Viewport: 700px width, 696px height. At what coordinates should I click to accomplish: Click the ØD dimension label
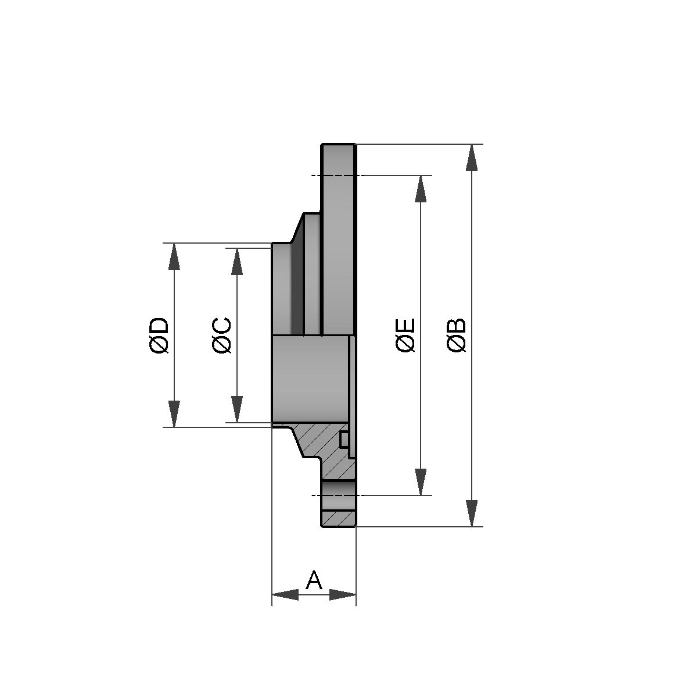[x=159, y=335]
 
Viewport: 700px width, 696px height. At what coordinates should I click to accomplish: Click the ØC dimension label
[x=222, y=335]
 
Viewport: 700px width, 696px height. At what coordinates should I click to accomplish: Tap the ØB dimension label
[x=457, y=335]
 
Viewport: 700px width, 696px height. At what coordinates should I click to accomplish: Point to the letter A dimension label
[x=314, y=580]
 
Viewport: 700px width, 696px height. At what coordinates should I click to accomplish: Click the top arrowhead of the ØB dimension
[x=472, y=157]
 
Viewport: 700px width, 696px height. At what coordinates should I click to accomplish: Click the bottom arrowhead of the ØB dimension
[x=472, y=513]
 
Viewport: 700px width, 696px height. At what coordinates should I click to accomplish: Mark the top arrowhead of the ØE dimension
[x=421, y=188]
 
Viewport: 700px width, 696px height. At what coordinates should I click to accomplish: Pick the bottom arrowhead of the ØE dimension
[x=421, y=482]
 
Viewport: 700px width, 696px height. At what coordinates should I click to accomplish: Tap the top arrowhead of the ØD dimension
[x=173, y=256]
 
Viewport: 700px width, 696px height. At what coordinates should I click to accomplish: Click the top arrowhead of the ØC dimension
[x=236, y=261]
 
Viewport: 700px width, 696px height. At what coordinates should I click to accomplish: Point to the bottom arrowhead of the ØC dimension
[x=236, y=409]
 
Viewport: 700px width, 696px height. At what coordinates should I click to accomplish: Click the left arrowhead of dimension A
[x=285, y=595]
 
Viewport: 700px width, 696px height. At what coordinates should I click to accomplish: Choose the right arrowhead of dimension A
[x=343, y=595]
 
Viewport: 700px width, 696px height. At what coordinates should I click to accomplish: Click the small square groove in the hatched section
[x=344, y=440]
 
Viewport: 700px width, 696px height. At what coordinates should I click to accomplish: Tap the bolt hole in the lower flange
[x=338, y=495]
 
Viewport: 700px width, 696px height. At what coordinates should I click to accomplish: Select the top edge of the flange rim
[x=339, y=144]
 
